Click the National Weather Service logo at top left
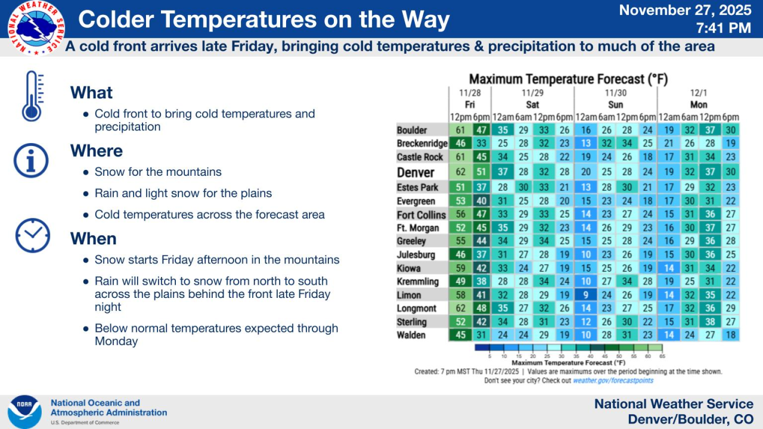point(36,27)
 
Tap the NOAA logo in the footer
point(24,412)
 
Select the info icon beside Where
point(31,159)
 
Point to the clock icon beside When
point(32,236)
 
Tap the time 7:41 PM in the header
point(723,28)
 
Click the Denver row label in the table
point(415,172)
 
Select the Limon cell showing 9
point(585,295)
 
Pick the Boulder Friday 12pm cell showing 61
point(460,130)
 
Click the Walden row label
point(411,335)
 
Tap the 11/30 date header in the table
point(615,93)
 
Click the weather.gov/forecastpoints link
point(613,381)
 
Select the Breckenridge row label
point(422,144)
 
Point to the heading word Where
point(97,151)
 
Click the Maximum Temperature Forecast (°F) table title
point(568,79)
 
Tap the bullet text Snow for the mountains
point(158,172)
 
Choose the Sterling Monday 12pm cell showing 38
point(709,322)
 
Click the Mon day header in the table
point(699,104)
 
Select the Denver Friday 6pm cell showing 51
point(481,172)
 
